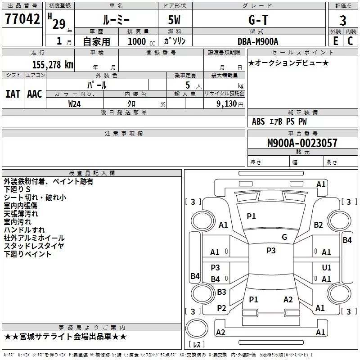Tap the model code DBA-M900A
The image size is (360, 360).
258,41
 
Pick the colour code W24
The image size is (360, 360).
75,103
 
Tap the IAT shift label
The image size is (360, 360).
13,94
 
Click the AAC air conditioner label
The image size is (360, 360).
35,94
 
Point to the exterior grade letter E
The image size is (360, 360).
335,40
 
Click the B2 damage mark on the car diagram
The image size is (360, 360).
319,225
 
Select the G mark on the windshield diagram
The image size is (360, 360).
284,237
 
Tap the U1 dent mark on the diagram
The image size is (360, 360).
327,267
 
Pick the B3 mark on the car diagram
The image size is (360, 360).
221,292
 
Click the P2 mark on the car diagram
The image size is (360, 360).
221,308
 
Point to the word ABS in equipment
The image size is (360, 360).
258,121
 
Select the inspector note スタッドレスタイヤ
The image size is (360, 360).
34,246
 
